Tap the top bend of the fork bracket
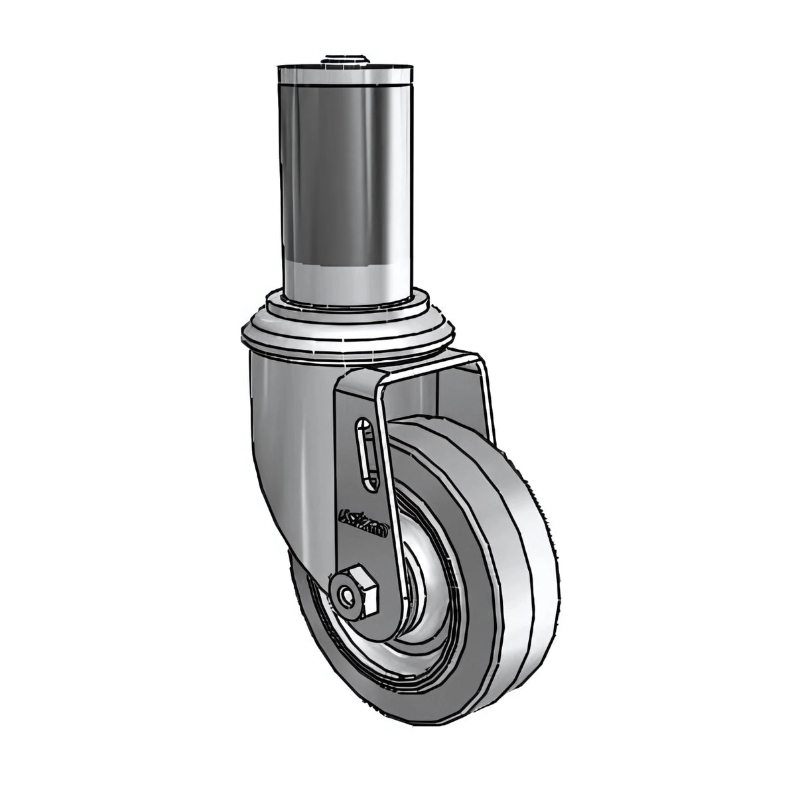[411, 362]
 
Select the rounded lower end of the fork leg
[358, 600]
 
